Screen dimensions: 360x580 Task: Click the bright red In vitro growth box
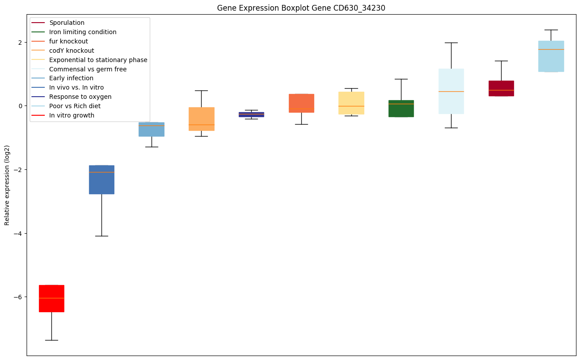[51, 298]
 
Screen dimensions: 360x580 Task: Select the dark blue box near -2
[101, 180]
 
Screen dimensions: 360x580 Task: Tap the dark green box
[401, 109]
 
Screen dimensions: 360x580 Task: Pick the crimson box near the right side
[501, 88]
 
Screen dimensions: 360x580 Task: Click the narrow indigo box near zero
[251, 114]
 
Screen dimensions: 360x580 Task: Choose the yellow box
[351, 103]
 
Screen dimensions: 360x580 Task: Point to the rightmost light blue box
[551, 56]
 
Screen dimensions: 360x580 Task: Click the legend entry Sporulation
[67, 23]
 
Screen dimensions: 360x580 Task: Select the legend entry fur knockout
[69, 41]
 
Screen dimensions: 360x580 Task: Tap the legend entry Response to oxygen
[80, 97]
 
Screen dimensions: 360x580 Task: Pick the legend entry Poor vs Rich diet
[75, 106]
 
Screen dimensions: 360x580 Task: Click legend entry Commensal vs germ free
[88, 69]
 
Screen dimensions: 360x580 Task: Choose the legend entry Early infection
[71, 78]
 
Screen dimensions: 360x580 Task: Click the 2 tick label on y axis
[19, 43]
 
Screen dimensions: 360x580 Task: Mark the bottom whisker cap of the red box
[51, 340]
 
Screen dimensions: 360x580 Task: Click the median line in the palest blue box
[451, 91]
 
